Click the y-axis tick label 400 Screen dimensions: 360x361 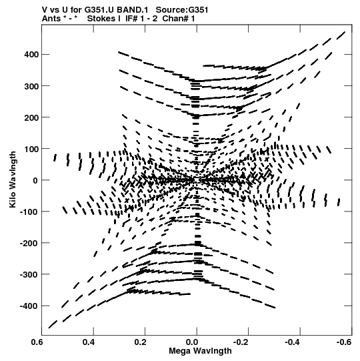pos(31,55)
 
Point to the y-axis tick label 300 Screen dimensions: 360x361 pos(31,86)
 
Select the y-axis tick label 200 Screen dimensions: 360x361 pos(31,117)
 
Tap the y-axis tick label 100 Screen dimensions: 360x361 pos(31,149)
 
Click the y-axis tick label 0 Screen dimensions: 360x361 pos(35,180)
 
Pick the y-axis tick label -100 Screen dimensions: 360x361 pos(29,212)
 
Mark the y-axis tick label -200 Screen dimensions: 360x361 pos(29,243)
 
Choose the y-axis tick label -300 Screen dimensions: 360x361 pos(29,275)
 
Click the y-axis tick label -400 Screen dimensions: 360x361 pos(29,306)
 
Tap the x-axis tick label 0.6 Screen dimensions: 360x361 pos(37,342)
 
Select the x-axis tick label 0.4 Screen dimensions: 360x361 pos(89,342)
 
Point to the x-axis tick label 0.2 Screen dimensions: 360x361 pos(140,342)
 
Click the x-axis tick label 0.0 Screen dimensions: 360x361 pos(192,342)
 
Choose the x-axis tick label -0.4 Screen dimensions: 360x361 pos(293,342)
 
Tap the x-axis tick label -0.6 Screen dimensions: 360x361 pos(345,342)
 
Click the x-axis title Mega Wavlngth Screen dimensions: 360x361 pos(200,351)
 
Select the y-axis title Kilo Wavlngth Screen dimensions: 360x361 pos(13,179)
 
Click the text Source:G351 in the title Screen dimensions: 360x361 pos(182,10)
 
